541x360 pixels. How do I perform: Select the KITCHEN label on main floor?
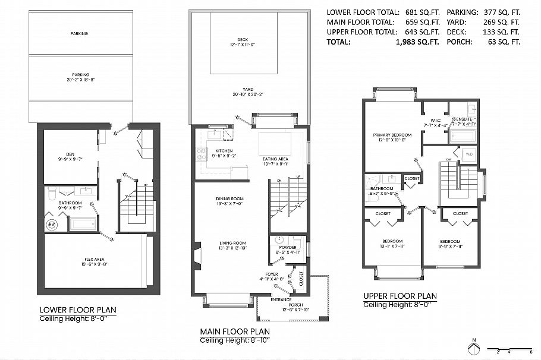(x=207, y=151)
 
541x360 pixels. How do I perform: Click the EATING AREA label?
(x=275, y=159)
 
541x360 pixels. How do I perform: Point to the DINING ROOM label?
(x=213, y=199)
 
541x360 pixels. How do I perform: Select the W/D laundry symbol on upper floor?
(x=468, y=154)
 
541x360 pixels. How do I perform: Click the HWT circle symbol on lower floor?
(x=52, y=225)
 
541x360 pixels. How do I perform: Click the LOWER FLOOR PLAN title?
(x=78, y=310)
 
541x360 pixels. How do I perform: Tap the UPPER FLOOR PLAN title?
(x=400, y=296)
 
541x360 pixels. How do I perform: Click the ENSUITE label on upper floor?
(x=464, y=120)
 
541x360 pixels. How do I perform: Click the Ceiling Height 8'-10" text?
(x=235, y=340)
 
